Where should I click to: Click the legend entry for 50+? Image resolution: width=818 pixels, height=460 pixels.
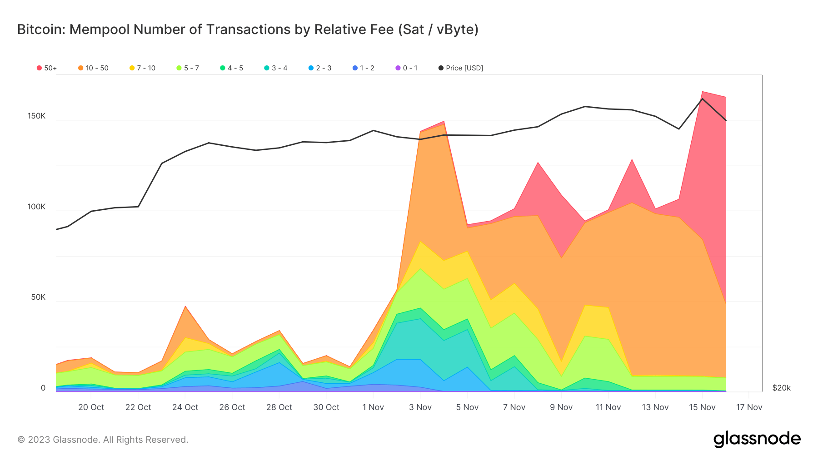[47, 68]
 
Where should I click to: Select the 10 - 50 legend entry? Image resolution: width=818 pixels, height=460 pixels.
[93, 68]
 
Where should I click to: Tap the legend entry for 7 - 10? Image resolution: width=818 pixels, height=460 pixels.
[142, 68]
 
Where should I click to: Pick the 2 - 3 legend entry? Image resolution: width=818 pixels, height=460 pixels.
[320, 68]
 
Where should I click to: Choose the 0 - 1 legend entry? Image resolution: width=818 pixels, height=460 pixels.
[406, 68]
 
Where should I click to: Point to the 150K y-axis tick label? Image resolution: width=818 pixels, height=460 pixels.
[36, 116]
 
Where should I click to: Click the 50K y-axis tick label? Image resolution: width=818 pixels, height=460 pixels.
[38, 297]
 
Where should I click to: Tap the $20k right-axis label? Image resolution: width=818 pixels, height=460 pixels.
[781, 388]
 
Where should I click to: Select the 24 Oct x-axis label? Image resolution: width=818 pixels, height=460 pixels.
[185, 407]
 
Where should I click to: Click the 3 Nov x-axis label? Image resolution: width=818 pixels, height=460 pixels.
[420, 407]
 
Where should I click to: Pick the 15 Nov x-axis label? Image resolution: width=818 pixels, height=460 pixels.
[702, 407]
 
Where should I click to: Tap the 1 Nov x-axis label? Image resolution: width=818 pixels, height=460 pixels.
[373, 407]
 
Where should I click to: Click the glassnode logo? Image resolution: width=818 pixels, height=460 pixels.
[757, 439]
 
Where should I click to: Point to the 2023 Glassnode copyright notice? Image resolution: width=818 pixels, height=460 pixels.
[103, 440]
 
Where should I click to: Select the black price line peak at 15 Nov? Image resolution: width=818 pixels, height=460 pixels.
[702, 99]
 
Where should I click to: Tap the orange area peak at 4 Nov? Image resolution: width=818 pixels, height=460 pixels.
[444, 124]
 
